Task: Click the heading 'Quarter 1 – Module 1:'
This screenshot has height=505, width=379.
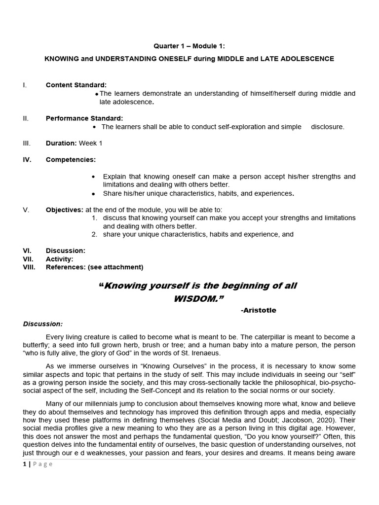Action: tap(189, 47)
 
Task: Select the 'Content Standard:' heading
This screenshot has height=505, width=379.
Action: tap(76, 85)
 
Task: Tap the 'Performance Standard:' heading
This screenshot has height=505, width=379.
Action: tap(84, 118)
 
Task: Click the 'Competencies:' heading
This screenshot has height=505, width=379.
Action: tap(71, 159)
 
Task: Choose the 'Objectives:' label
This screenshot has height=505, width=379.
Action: tap(65, 210)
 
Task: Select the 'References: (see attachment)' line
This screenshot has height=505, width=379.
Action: tap(94, 267)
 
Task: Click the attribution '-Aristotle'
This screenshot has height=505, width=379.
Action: tap(259, 310)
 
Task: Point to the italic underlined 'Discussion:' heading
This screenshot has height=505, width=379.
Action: tap(43, 324)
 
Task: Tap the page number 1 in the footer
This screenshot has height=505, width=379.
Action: tap(24, 464)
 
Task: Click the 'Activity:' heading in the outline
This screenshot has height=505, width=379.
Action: tap(59, 259)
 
